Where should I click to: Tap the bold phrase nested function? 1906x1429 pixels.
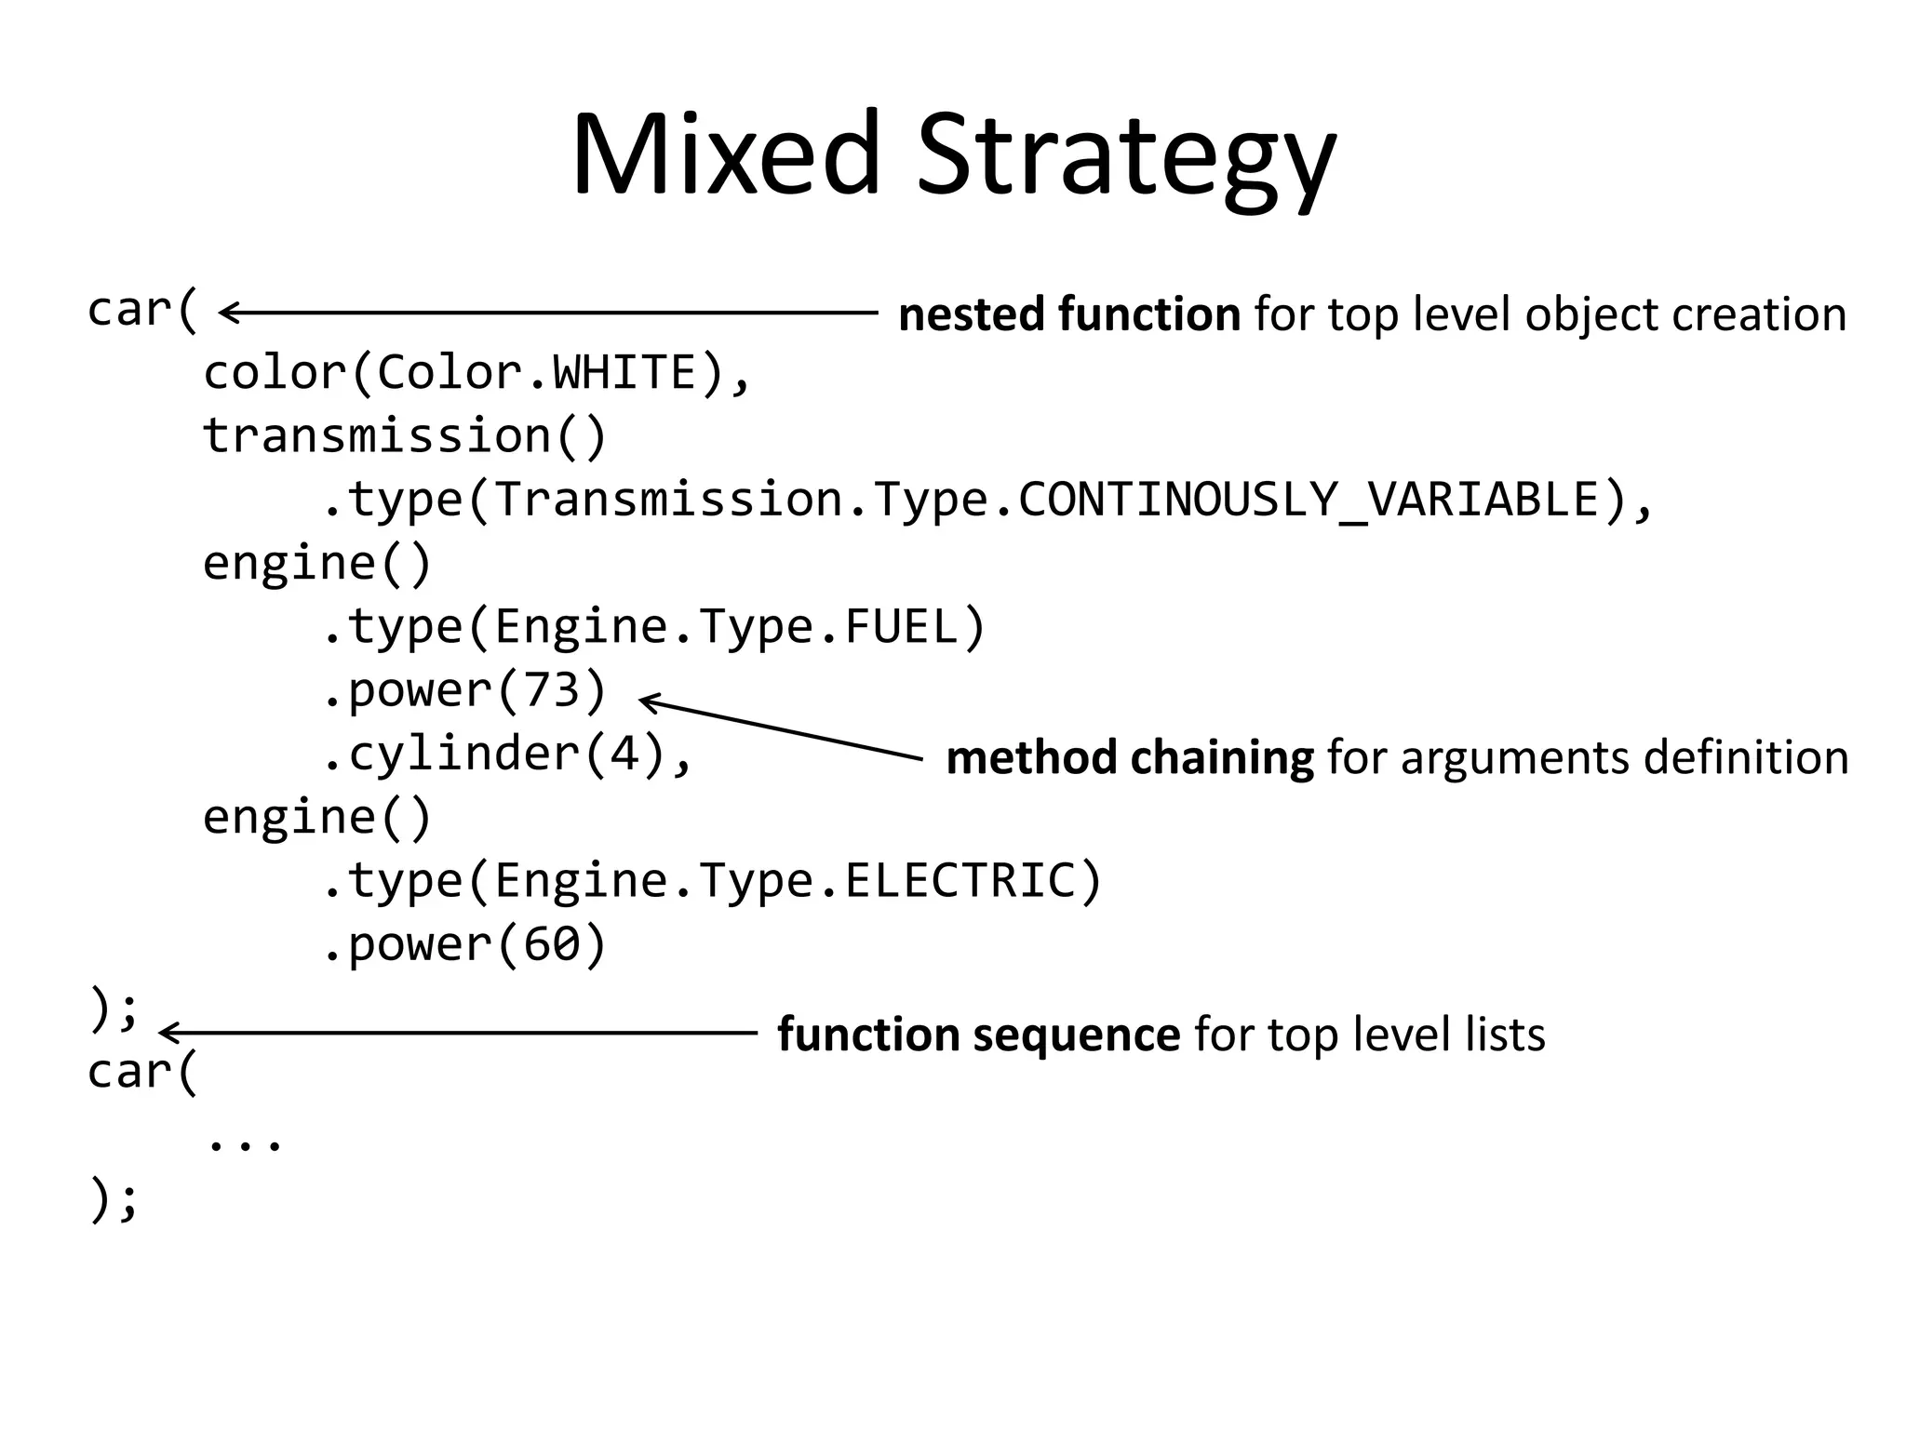tap(1068, 314)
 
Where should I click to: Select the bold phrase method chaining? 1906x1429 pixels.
tap(1129, 757)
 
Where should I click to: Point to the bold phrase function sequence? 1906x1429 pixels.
tap(978, 1035)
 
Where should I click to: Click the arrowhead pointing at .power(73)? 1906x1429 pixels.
tap(648, 701)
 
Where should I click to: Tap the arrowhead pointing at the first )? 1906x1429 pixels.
tap(168, 1033)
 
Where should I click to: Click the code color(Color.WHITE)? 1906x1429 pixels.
tap(476, 374)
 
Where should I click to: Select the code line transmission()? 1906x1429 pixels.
tap(405, 437)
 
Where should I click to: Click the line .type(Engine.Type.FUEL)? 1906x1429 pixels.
tap(653, 627)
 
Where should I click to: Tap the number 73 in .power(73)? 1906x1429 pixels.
tap(552, 690)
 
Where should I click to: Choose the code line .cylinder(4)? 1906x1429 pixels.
tap(507, 754)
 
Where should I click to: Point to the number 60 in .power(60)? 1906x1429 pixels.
tap(552, 944)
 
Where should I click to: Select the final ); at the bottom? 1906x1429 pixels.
tap(113, 1200)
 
